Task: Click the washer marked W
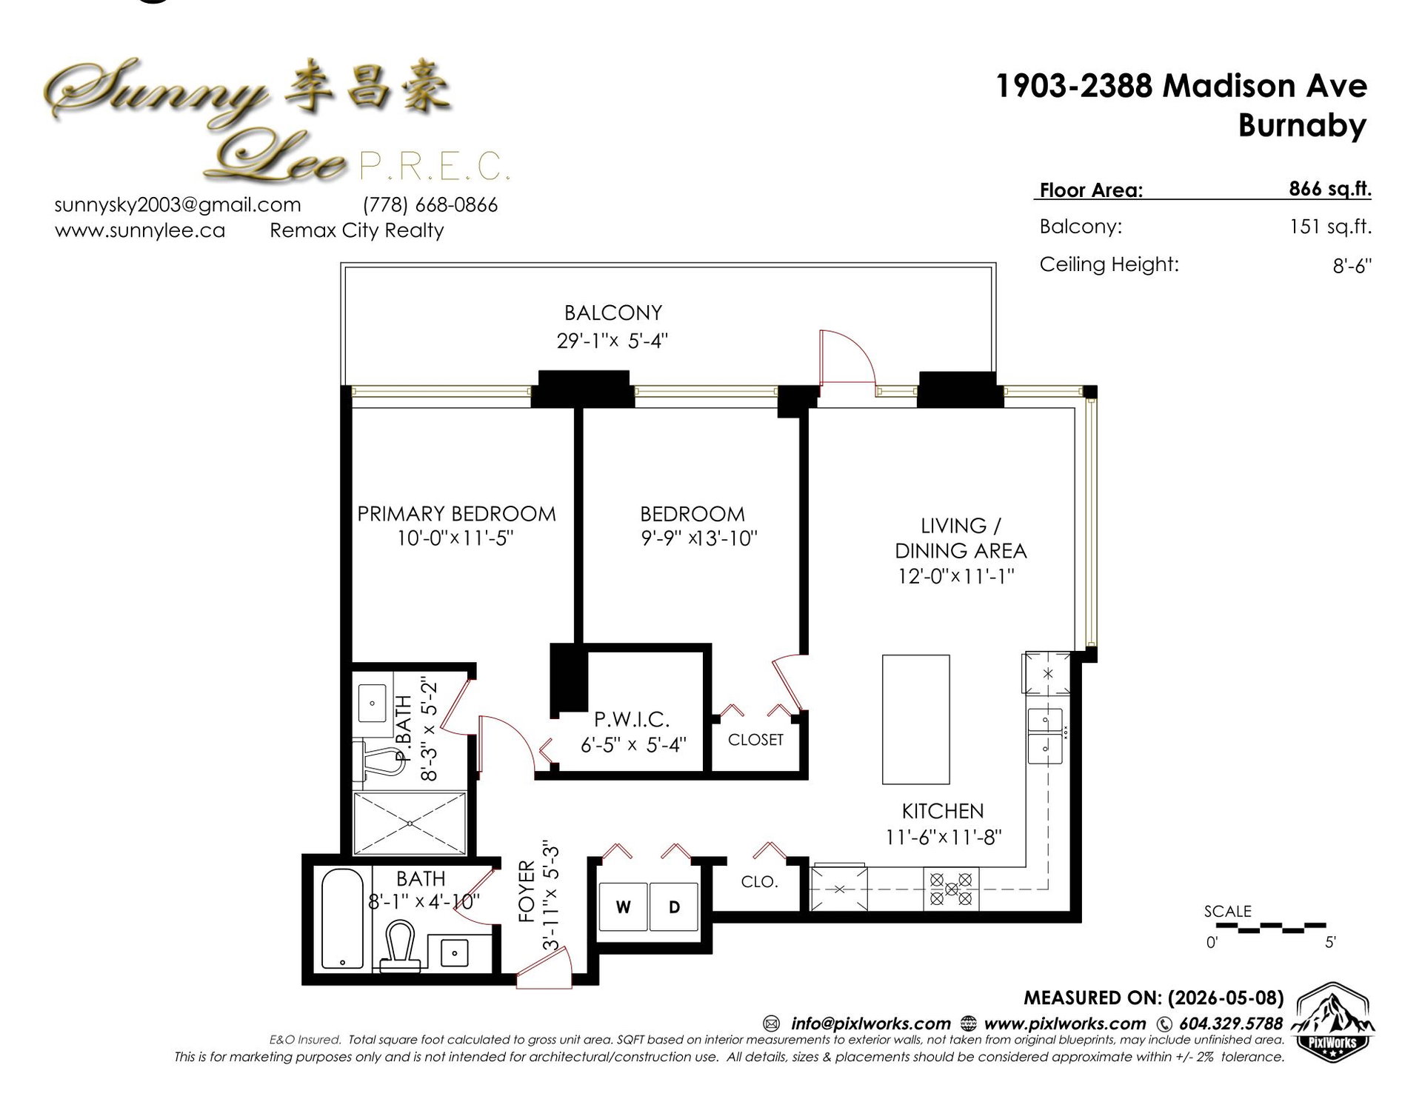coord(623,906)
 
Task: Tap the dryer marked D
coord(674,906)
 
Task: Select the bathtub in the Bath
coord(343,919)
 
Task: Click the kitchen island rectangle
coord(915,719)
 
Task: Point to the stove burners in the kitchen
coord(951,889)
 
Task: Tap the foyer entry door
coord(545,971)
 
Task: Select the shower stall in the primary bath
coord(410,824)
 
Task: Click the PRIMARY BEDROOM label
coord(456,513)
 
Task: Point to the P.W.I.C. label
coord(632,718)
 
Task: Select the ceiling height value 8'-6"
coord(1352,266)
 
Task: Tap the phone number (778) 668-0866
coord(430,205)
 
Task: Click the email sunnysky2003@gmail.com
coord(178,205)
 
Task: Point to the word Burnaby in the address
coord(1302,125)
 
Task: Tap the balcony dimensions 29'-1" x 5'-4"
coord(612,341)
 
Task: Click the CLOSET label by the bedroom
coord(755,740)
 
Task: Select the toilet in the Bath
coord(401,946)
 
